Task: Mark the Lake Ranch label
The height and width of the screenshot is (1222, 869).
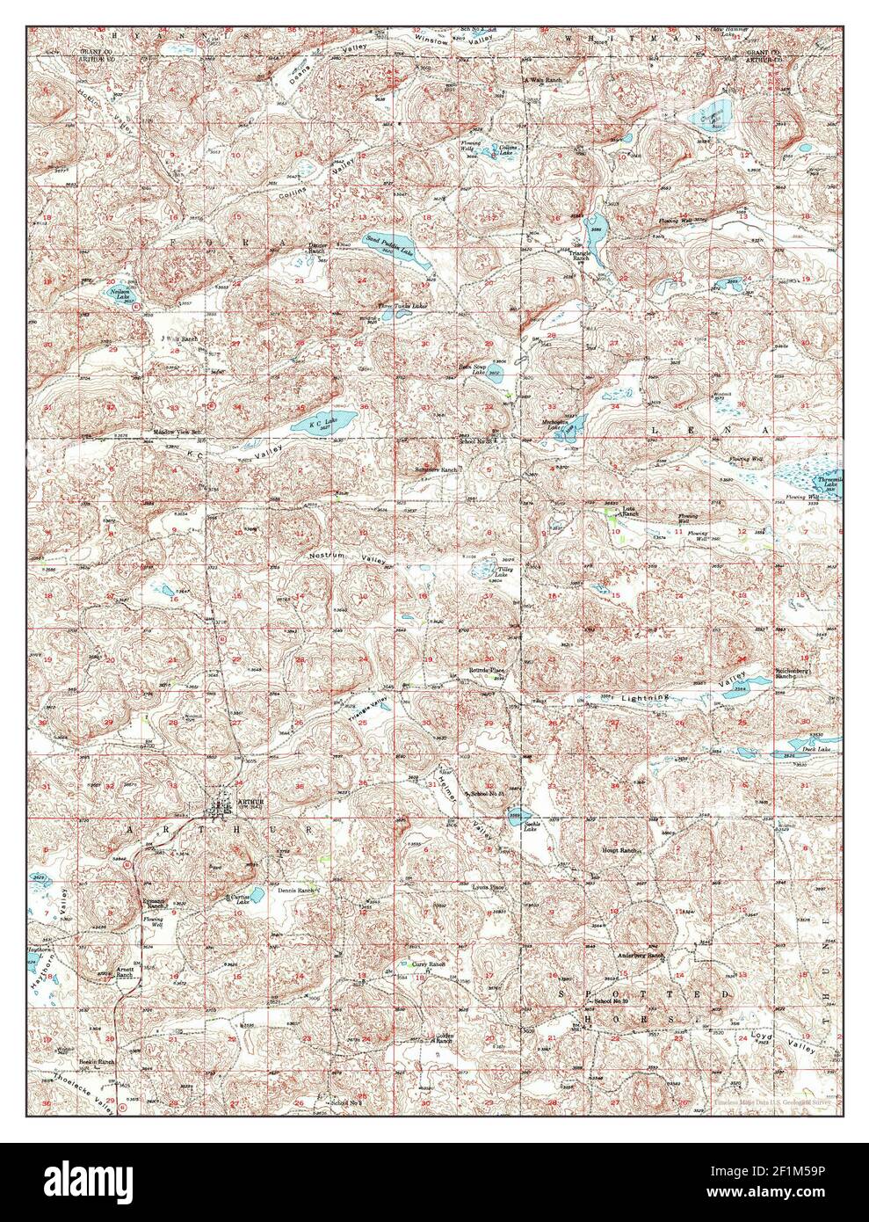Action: point(629,511)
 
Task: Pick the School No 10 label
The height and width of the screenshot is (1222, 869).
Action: point(614,1001)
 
